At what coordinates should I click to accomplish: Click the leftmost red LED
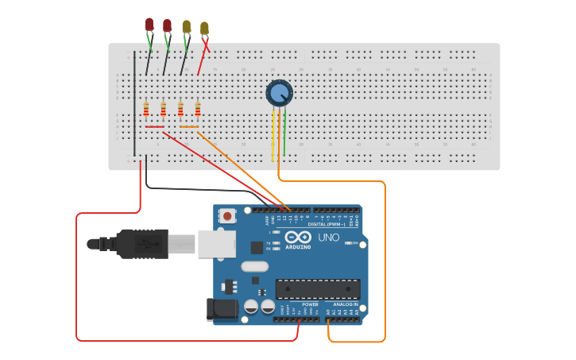[149, 25]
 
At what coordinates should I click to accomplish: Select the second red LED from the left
[167, 26]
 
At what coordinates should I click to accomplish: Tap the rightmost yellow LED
[204, 29]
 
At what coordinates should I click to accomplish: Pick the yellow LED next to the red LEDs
[186, 27]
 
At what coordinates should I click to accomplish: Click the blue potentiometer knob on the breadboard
[279, 94]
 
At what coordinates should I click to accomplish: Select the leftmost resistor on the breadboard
[146, 110]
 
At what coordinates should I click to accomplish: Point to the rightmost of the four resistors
[198, 110]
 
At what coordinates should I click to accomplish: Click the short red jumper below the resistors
[155, 126]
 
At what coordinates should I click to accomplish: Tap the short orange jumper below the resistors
[189, 126]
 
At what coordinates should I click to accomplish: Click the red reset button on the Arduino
[228, 215]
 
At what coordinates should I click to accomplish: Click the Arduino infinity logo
[298, 238]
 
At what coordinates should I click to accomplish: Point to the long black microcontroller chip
[318, 289]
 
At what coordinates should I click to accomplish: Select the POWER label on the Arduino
[310, 304]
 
